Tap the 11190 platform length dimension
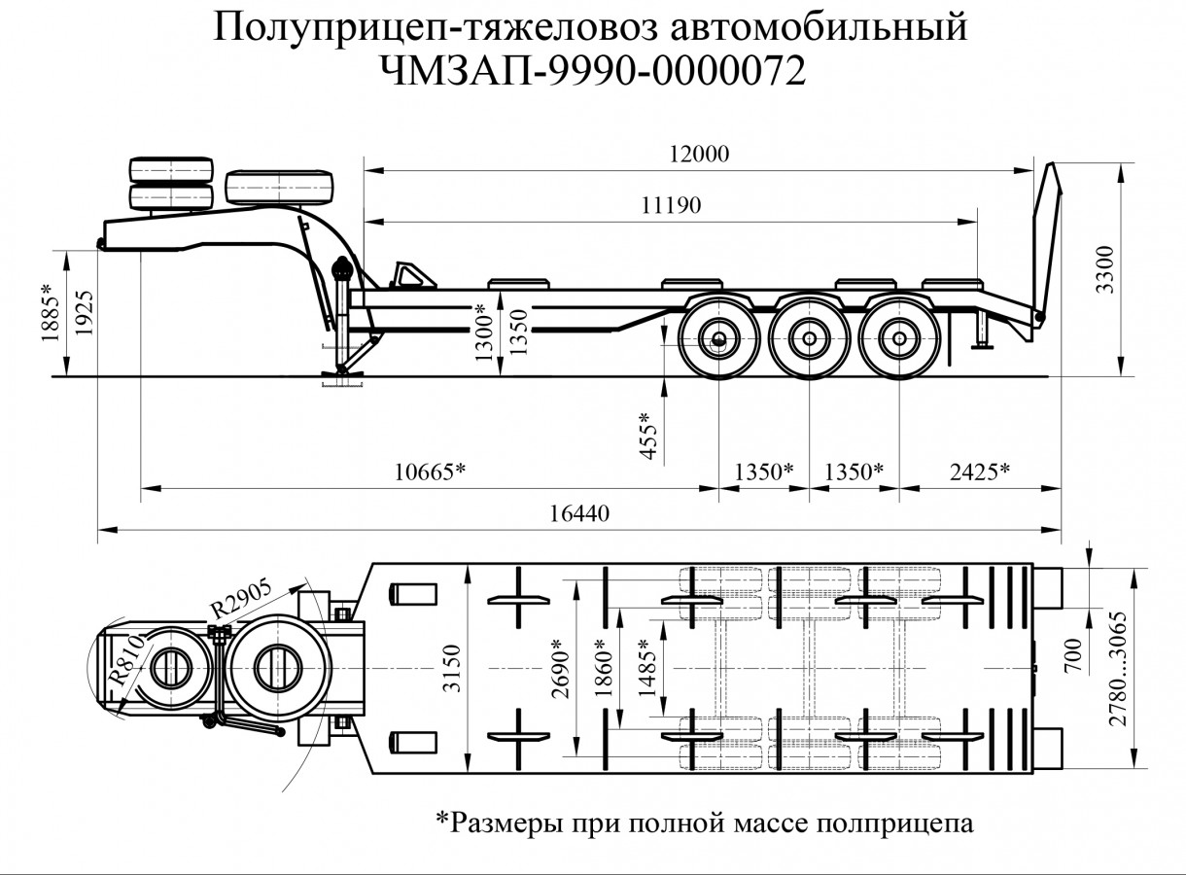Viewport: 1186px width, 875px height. tap(671, 205)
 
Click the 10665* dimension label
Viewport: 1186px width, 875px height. tap(430, 472)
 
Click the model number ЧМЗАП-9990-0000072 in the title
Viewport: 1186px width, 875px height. tap(594, 71)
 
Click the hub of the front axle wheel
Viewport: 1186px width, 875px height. tap(718, 340)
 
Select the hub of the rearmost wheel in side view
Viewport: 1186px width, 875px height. tap(900, 340)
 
